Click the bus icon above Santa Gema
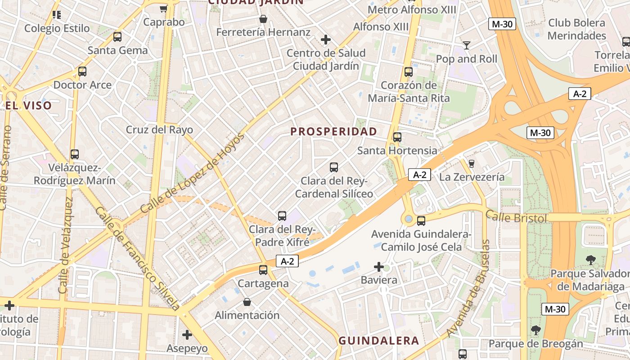(117, 37)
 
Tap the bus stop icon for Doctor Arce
(82, 71)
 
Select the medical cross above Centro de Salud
(326, 40)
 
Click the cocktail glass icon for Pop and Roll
(467, 45)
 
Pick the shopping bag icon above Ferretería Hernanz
(263, 19)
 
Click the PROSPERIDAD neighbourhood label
(333, 131)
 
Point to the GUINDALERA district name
(378, 341)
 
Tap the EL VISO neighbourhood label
(29, 106)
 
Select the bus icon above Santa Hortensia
(397, 137)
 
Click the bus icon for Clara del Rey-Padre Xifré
(282, 216)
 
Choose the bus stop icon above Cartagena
(263, 270)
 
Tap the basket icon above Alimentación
(247, 301)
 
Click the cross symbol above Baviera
(379, 267)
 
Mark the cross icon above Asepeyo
(187, 335)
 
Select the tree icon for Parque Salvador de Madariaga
(590, 260)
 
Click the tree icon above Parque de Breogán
(535, 330)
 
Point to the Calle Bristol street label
(516, 218)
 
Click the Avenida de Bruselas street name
(468, 288)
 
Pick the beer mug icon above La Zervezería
(472, 163)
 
